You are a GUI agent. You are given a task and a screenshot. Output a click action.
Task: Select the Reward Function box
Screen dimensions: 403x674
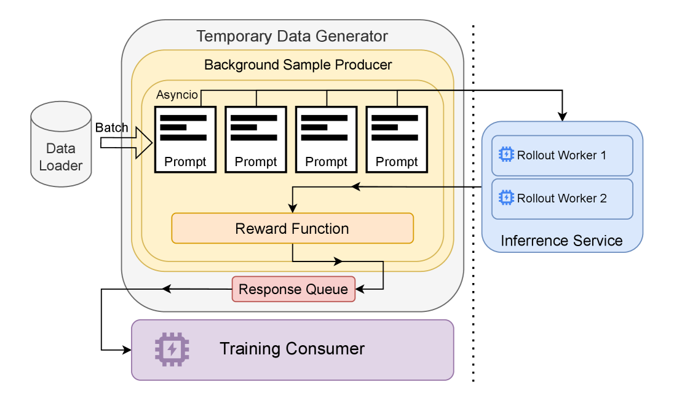pyautogui.click(x=292, y=228)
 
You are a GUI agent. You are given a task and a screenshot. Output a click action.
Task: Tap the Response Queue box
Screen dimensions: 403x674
pyautogui.click(x=293, y=289)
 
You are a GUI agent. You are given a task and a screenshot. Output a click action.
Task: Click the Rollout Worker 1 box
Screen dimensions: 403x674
pyautogui.click(x=562, y=156)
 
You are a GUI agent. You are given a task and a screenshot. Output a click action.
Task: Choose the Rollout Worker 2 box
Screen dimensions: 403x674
pyautogui.click(x=562, y=199)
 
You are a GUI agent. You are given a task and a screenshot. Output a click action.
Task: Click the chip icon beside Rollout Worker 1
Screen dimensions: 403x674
pyautogui.click(x=506, y=154)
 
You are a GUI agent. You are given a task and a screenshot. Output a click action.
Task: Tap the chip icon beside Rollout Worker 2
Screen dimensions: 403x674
pyautogui.click(x=506, y=198)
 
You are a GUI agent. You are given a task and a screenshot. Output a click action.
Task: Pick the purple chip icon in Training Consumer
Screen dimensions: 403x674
pyautogui.click(x=172, y=349)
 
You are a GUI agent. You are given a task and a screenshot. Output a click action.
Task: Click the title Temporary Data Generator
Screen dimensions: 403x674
pyautogui.click(x=292, y=36)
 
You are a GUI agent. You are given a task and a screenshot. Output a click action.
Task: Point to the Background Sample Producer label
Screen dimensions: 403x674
pyautogui.click(x=298, y=65)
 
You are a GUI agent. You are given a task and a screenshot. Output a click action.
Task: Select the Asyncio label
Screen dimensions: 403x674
pyautogui.click(x=177, y=95)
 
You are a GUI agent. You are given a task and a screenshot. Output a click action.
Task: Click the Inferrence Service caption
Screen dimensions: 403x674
pyautogui.click(x=561, y=241)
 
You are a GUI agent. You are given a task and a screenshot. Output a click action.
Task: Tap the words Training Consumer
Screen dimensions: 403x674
pyautogui.click(x=292, y=349)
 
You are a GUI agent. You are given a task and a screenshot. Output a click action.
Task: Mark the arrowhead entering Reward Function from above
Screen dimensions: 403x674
pyautogui.click(x=293, y=209)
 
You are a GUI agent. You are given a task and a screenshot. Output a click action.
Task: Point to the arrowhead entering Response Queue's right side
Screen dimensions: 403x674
pyautogui.click(x=360, y=289)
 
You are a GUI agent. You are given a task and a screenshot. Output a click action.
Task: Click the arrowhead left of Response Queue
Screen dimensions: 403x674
pyautogui.click(x=166, y=289)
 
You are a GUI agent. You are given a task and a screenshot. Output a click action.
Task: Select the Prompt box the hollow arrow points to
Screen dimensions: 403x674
pyautogui.click(x=185, y=139)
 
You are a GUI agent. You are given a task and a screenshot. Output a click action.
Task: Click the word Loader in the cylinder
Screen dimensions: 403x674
pyautogui.click(x=61, y=166)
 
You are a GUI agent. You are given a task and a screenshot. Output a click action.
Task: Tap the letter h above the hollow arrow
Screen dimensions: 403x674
pyautogui.click(x=124, y=129)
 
